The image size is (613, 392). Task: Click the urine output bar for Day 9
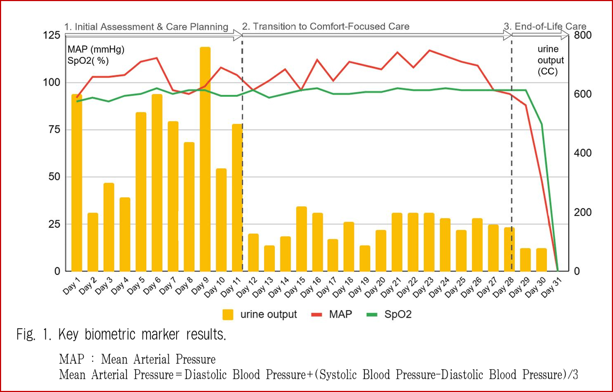205,160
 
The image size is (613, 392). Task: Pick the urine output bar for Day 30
542,260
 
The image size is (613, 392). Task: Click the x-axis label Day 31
552,287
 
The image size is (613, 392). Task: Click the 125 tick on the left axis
52,35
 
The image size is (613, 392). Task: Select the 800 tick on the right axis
583,35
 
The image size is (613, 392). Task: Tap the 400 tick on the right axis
583,153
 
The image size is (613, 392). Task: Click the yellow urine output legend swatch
228,315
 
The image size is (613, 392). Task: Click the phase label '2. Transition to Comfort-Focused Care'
326,26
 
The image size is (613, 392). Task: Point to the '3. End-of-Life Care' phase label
545,26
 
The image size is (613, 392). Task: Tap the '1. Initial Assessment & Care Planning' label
146,27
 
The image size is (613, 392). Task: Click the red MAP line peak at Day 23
429,50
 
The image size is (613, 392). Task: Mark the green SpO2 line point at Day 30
542,125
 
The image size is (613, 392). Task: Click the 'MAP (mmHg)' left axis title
96,49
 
